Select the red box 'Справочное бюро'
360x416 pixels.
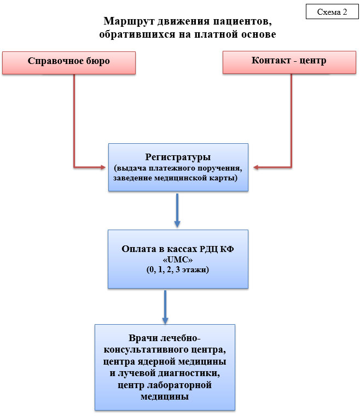click(x=69, y=61)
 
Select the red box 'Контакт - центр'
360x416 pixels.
click(x=289, y=61)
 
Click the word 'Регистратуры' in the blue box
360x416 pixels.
click(x=178, y=156)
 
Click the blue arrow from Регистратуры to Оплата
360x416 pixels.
click(x=177, y=210)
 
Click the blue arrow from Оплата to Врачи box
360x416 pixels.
click(x=164, y=306)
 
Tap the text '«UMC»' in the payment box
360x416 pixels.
click(x=177, y=259)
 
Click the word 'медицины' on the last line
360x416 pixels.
click(x=165, y=397)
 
